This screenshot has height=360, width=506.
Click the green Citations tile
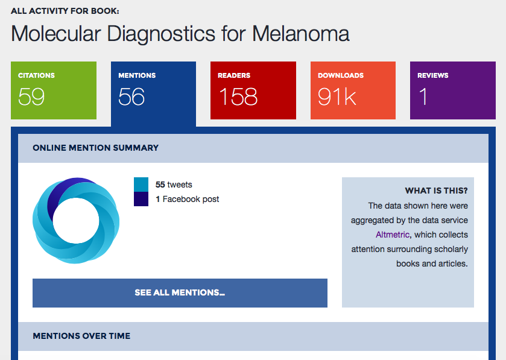tap(53, 90)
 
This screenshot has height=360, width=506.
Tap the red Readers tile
tap(253, 90)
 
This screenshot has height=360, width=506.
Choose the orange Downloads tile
tap(353, 90)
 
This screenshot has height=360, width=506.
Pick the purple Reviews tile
tap(452, 90)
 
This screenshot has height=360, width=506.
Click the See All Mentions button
tap(180, 293)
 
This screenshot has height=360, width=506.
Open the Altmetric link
tap(393, 235)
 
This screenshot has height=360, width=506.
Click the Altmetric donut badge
tap(76, 221)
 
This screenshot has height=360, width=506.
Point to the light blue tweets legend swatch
tap(141, 185)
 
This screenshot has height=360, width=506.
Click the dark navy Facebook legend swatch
tap(141, 199)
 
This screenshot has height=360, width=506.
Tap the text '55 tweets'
tap(174, 185)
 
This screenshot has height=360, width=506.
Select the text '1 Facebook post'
tap(188, 199)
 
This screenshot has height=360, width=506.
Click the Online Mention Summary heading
tap(95, 148)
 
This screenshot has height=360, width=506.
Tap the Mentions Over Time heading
tap(81, 336)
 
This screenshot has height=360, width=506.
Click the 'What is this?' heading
tap(436, 191)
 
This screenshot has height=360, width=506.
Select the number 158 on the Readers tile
tap(238, 96)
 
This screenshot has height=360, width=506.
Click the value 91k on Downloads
tap(337, 96)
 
